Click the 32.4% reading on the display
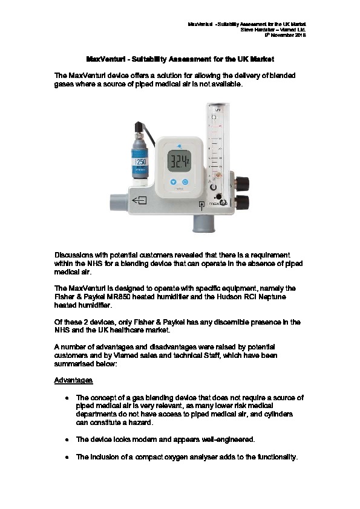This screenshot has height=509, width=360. (x=179, y=161)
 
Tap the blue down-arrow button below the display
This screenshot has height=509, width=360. (x=174, y=182)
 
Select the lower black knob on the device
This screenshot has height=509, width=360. (x=243, y=203)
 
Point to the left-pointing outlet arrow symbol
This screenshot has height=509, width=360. (x=139, y=201)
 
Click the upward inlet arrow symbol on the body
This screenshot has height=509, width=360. (x=201, y=206)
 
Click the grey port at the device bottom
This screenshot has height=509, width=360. (x=203, y=224)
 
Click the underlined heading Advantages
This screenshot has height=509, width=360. (x=73, y=380)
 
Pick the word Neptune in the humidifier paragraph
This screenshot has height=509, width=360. (x=272, y=297)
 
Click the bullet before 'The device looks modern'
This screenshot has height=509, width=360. (x=67, y=440)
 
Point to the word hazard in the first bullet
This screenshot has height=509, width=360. (x=142, y=423)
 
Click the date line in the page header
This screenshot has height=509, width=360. (x=286, y=35)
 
